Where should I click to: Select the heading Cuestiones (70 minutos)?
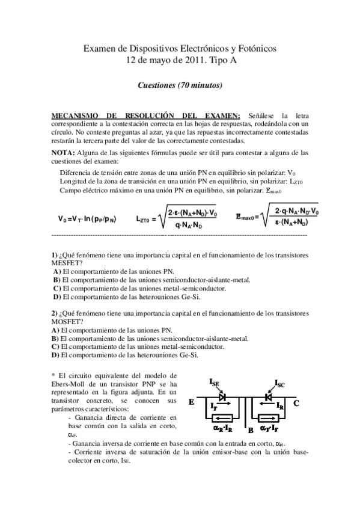click(180, 85)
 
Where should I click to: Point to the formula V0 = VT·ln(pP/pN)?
click(87, 219)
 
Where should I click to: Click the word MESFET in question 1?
click(67, 263)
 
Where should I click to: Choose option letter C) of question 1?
click(56, 288)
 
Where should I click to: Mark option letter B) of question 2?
click(55, 339)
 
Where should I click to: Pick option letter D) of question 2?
click(55, 355)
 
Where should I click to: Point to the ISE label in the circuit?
click(215, 381)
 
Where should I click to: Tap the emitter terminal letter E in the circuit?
click(192, 404)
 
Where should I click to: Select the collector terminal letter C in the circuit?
click(296, 404)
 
